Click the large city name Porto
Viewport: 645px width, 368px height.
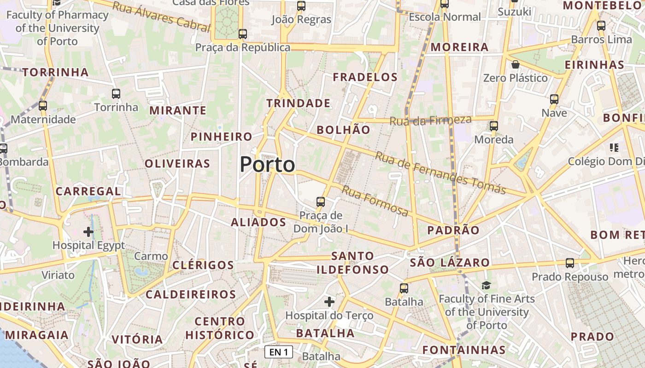tap(267, 165)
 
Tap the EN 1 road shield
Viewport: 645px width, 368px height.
tap(279, 352)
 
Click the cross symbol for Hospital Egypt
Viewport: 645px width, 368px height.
tap(88, 231)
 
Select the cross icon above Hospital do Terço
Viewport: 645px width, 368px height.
tap(329, 302)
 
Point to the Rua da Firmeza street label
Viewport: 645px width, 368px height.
tap(430, 121)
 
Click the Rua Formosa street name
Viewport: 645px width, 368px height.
tap(375, 201)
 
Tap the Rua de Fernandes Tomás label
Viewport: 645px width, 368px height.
tap(440, 172)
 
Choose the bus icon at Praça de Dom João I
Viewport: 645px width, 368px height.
tap(320, 201)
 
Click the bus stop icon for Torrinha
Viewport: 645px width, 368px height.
tap(116, 94)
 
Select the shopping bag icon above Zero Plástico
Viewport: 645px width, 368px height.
tap(516, 64)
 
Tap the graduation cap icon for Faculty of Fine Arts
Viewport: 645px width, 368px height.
tap(487, 285)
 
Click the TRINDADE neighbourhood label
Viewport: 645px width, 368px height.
tap(298, 103)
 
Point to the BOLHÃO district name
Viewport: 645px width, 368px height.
tap(343, 130)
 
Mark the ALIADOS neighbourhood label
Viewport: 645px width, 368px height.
tap(258, 223)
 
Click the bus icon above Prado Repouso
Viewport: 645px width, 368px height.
tap(570, 263)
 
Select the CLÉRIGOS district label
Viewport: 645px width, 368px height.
tap(203, 265)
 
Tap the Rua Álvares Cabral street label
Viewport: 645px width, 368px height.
tap(161, 16)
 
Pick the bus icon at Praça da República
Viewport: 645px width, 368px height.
tap(242, 34)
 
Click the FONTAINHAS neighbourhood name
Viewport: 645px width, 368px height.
tap(464, 350)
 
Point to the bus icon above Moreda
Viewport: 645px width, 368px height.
tap(494, 126)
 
